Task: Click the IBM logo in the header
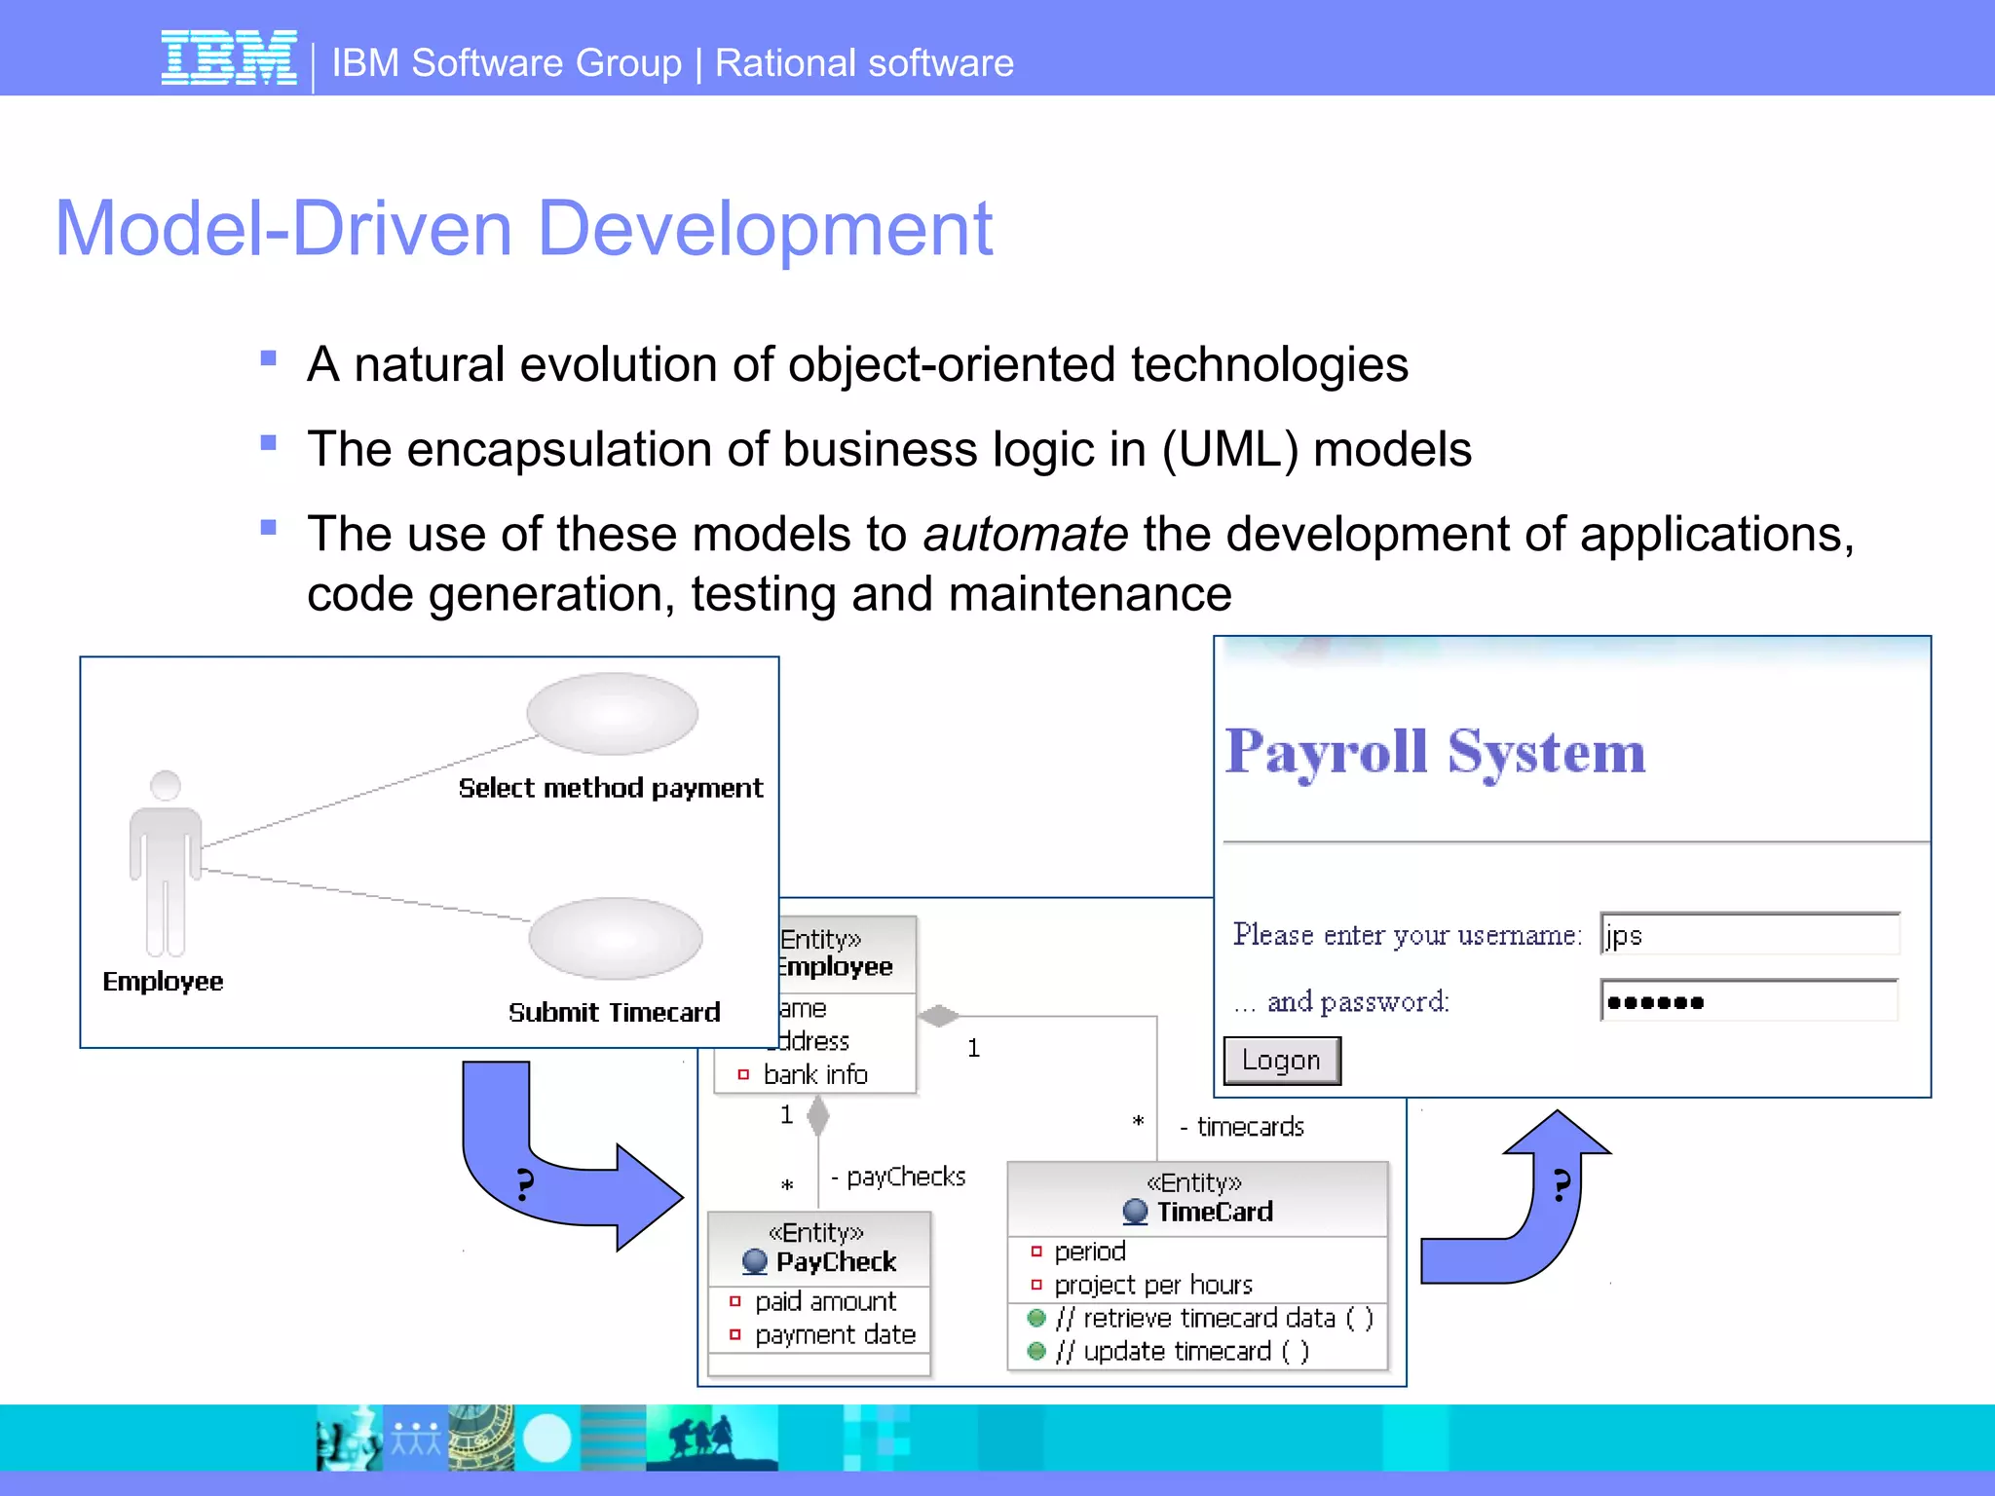[229, 58]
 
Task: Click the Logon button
[1281, 1060]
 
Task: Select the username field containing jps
[1749, 935]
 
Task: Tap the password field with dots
[1749, 1001]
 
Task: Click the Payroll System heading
[1435, 752]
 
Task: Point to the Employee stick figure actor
[166, 862]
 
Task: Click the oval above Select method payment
[612, 713]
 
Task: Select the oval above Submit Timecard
[615, 938]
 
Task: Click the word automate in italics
[1025, 535]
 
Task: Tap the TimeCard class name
[1214, 1212]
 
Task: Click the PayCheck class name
[836, 1262]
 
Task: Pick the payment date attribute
[835, 1334]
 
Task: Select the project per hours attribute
[1152, 1285]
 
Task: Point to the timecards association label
[1250, 1127]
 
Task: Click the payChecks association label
[905, 1177]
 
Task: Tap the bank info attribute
[815, 1074]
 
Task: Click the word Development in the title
[765, 229]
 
